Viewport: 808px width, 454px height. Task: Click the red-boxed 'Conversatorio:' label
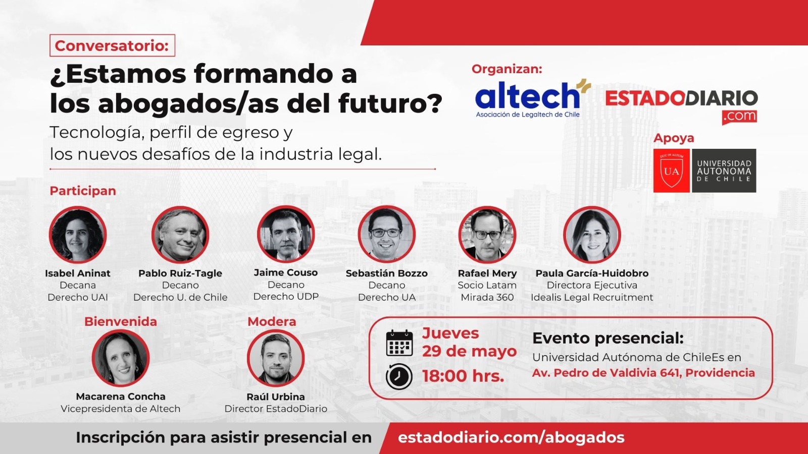pos(112,45)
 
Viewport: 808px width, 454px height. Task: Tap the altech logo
pos(533,98)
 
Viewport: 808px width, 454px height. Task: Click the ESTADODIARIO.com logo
pos(681,106)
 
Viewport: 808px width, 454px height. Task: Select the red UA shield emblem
pos(671,171)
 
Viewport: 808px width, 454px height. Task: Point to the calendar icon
pos(399,343)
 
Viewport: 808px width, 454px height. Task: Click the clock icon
pos(399,376)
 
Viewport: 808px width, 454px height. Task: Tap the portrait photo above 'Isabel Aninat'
pos(78,235)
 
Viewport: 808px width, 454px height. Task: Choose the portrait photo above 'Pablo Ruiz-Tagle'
pos(180,235)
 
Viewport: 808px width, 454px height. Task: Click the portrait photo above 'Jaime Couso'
pos(286,234)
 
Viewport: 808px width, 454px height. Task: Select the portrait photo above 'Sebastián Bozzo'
pos(387,234)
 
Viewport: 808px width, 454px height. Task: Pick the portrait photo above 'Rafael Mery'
pos(487,235)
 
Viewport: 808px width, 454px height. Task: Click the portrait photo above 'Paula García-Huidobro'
pos(592,235)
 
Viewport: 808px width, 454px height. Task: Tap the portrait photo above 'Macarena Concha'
pos(121,358)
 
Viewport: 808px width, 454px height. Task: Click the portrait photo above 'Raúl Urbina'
pos(276,358)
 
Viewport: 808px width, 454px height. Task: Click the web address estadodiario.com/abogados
pos(511,437)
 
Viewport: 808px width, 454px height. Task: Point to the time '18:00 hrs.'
pos(463,376)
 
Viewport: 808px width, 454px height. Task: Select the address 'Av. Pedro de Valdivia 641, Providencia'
pos(643,373)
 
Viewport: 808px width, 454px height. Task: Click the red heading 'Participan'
pos(83,191)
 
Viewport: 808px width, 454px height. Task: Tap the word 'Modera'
pos(272,321)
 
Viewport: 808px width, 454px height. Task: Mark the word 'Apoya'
pos(674,138)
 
